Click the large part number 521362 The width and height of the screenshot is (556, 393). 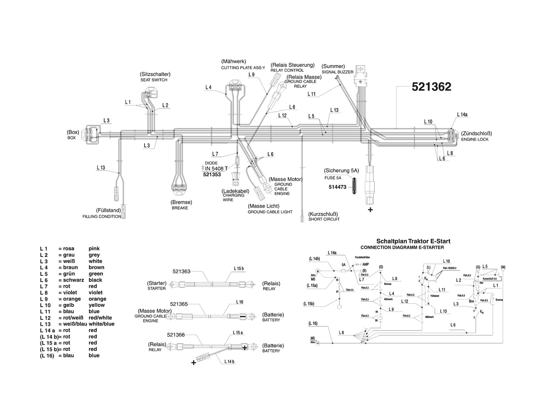(x=431, y=87)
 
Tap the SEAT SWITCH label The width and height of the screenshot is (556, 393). (x=154, y=80)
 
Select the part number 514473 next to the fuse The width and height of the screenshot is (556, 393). (x=337, y=187)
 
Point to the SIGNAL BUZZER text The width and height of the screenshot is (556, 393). (x=337, y=72)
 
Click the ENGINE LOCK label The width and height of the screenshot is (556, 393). (x=475, y=139)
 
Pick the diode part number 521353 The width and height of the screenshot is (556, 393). (x=211, y=175)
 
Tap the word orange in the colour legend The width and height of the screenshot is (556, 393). (x=98, y=299)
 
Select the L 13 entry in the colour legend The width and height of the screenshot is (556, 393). (x=45, y=324)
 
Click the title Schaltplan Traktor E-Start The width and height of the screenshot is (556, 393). (x=413, y=241)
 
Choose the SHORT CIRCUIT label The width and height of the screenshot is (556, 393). (x=324, y=219)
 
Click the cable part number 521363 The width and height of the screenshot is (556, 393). (x=182, y=271)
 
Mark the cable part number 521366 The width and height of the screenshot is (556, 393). (x=176, y=335)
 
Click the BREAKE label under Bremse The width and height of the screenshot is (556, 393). (x=180, y=208)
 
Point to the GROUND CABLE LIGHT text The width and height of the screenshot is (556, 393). (x=270, y=212)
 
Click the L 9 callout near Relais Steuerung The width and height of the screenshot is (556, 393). (x=251, y=75)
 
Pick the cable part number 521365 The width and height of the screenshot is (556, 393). (x=179, y=304)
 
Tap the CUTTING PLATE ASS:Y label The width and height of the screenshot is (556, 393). (x=243, y=68)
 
